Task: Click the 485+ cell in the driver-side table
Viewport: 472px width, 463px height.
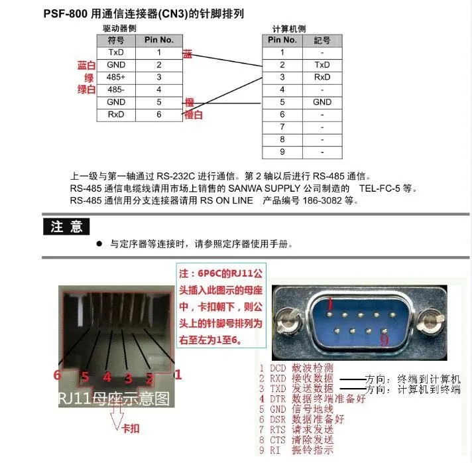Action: (x=117, y=77)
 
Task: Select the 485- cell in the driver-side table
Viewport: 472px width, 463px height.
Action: (x=117, y=90)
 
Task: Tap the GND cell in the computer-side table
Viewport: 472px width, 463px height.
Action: (x=322, y=102)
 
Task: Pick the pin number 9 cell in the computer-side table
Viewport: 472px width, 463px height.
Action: (x=282, y=153)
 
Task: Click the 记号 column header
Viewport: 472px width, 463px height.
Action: (x=322, y=40)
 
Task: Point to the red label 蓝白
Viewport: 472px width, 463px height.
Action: (x=87, y=66)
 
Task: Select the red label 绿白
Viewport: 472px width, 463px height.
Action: (x=87, y=90)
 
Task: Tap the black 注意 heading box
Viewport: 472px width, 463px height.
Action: (x=66, y=226)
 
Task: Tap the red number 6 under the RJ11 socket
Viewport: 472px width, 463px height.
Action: (x=58, y=375)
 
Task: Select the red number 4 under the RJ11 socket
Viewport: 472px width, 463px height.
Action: (x=107, y=378)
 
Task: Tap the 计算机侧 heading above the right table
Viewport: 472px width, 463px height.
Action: (x=289, y=29)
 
